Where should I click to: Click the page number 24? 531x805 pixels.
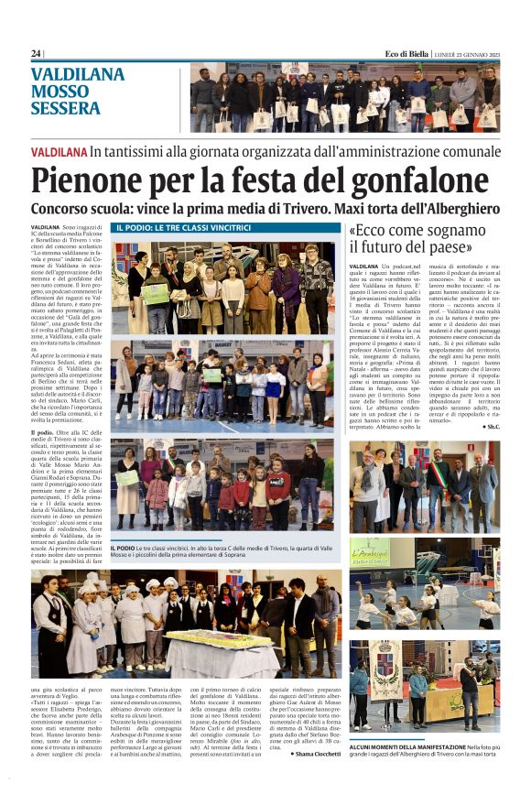coord(36,53)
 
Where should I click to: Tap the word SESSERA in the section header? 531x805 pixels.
coord(65,108)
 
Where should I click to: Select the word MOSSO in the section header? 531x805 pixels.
coord(60,92)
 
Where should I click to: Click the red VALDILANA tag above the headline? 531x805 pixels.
coord(59,150)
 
